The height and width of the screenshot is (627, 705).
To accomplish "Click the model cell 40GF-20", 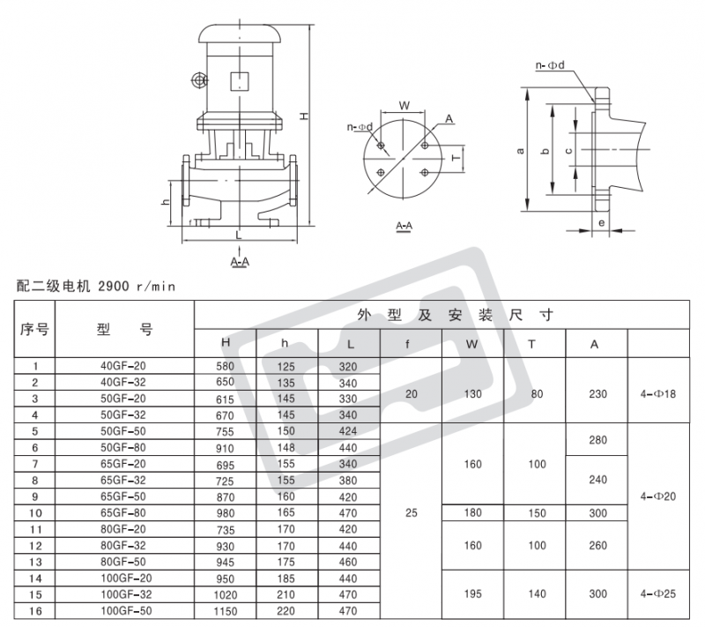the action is pos(123,366).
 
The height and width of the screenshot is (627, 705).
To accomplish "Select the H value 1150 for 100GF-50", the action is pos(226,611).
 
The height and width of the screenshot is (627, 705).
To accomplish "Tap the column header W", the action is pos(471,345).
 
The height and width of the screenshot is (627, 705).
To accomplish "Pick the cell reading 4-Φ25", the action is pos(658,593).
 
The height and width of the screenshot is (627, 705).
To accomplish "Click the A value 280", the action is pos(598,440).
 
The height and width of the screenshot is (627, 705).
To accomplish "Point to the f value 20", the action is pos(412,394).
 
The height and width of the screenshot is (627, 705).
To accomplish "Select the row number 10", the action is pos(35,513).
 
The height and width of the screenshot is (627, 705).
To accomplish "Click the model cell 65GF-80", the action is pos(123,512).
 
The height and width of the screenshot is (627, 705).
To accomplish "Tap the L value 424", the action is pos(348,431).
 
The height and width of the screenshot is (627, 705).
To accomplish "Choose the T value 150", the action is pos(537,513).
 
